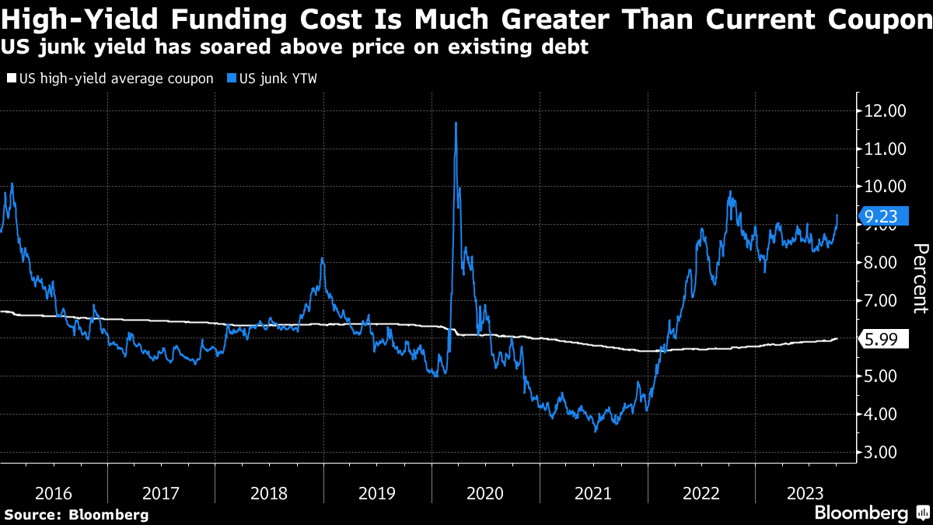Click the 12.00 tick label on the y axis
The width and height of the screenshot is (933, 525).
(x=885, y=111)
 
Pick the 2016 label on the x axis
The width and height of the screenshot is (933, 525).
(x=54, y=493)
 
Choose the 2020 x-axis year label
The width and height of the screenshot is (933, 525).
(x=485, y=493)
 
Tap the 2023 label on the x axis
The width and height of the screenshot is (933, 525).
(x=807, y=493)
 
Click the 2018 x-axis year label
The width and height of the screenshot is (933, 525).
(x=270, y=493)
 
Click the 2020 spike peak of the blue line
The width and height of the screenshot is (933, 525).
(x=455, y=123)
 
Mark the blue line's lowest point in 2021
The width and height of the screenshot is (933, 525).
(x=596, y=431)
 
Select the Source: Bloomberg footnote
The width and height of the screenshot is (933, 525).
(x=76, y=514)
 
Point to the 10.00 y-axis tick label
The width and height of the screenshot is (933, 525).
(x=885, y=187)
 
